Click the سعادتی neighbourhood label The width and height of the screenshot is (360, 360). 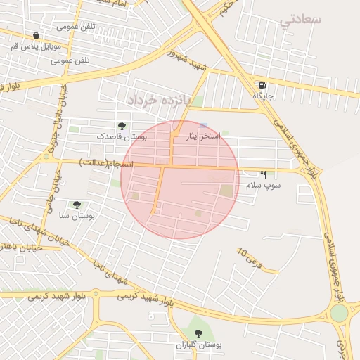300,19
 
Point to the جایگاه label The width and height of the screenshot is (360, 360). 262,95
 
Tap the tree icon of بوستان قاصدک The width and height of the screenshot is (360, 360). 122,126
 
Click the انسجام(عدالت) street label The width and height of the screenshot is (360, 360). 105,163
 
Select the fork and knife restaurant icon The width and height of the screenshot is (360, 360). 263,174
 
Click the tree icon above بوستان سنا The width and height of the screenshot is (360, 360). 77,205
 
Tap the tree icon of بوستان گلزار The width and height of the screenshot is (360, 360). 199,333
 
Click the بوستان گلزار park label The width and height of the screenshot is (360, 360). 199,345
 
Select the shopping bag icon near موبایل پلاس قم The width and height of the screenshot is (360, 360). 36,35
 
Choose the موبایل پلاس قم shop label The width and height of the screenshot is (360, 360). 36,46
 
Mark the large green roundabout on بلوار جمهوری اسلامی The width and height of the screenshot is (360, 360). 340,313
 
